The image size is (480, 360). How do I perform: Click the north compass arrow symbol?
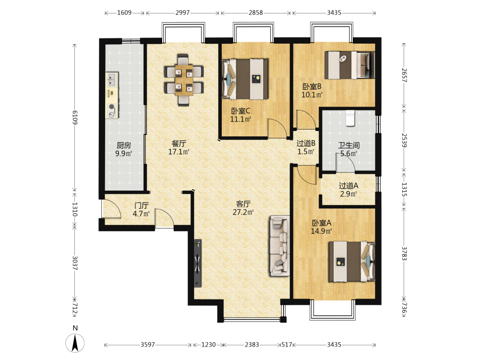pyautogui.click(x=75, y=343)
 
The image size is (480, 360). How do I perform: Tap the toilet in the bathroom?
pyautogui.click(x=350, y=118)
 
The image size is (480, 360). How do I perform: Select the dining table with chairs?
pyautogui.click(x=184, y=80)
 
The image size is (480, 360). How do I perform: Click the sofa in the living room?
pyautogui.click(x=279, y=246)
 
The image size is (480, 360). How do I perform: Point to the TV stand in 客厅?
pyautogui.click(x=198, y=263)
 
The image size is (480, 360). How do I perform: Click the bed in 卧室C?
pyautogui.click(x=245, y=79)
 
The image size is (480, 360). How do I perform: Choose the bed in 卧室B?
pyautogui.click(x=349, y=65)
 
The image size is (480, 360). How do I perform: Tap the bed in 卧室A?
pyautogui.click(x=352, y=262)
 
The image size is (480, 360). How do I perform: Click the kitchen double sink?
pyautogui.click(x=112, y=79)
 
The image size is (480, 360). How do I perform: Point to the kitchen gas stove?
pyautogui.click(x=112, y=111)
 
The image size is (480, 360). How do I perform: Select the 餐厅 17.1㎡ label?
pyautogui.click(x=179, y=147)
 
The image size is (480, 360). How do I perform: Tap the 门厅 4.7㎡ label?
pyautogui.click(x=141, y=210)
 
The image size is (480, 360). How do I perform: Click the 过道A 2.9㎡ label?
pyautogui.click(x=348, y=190)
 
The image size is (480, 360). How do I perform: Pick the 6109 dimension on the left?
pyautogui.click(x=75, y=117)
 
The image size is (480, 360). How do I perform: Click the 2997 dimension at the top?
pyautogui.click(x=182, y=12)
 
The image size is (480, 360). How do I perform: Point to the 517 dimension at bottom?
pyautogui.click(x=287, y=345)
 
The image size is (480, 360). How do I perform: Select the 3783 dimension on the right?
pyautogui.click(x=404, y=253)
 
